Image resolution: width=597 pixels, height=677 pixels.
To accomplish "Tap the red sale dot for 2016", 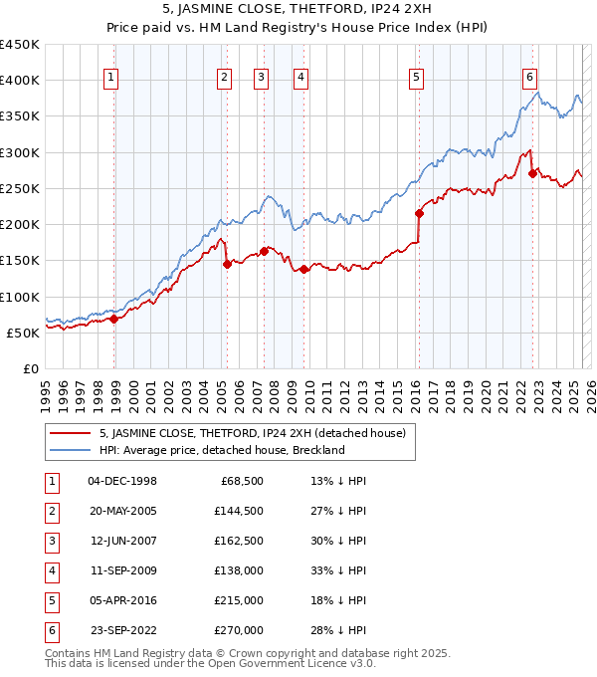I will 419,212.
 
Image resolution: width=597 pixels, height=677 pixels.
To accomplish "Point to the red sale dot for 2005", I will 227,264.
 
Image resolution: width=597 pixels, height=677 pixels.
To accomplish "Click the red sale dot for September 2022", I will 532,173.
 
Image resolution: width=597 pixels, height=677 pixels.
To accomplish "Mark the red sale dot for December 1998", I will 114,319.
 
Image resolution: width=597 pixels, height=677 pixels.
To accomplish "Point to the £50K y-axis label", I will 24,333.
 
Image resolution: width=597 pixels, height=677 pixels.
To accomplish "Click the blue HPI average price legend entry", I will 221,450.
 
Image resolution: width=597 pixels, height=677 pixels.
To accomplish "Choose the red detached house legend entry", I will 252,433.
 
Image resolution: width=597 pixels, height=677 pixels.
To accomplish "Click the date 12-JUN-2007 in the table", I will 123,541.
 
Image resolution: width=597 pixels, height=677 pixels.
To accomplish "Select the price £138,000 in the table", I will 239,570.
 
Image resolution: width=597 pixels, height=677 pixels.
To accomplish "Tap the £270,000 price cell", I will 239,630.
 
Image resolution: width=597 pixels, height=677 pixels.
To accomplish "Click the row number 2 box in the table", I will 52,511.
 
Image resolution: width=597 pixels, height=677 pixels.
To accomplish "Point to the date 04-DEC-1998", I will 123,481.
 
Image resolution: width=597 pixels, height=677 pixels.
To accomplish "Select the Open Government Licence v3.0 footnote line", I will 210,663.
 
